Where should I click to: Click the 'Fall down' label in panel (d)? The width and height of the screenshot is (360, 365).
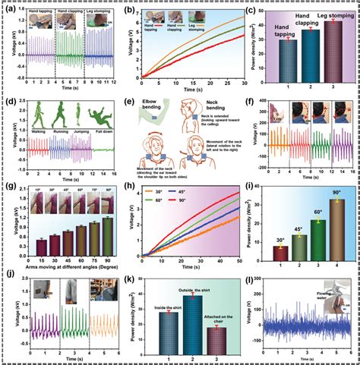coord(99,140)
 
